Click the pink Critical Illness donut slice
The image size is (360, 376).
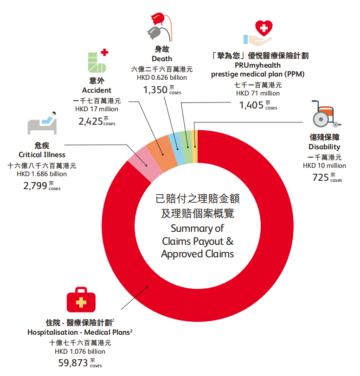(138, 160)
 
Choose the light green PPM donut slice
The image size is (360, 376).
(186, 140)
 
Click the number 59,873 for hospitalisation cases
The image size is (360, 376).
(73, 363)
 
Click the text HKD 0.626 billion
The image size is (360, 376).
(162, 77)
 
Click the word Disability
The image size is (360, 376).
(324, 147)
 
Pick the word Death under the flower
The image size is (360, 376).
(162, 58)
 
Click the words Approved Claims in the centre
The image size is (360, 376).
(198, 254)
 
